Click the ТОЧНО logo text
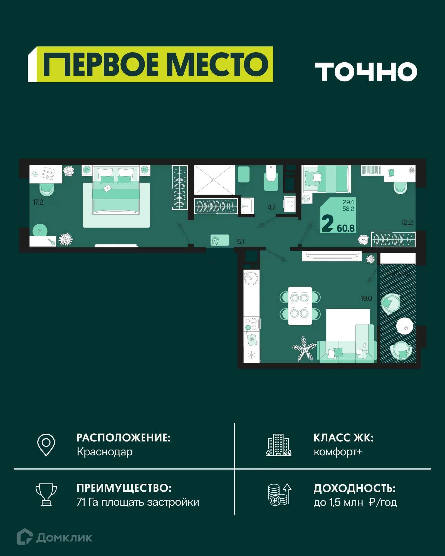coord(366,71)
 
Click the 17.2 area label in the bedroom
coord(38,202)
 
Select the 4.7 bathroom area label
coord(271,207)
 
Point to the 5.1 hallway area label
coord(240,242)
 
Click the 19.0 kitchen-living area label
coord(366,299)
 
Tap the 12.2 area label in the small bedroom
coord(407,223)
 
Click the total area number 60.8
coord(346,229)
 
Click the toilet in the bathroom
coord(271,178)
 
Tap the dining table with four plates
coord(300,306)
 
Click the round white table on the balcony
coord(405,326)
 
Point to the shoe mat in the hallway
coord(220,240)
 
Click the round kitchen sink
coord(251,278)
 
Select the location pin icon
coord(46,445)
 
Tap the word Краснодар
coord(105,452)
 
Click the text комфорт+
coord(338,452)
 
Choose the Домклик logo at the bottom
coord(55,537)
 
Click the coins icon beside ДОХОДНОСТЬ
coord(279,495)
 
